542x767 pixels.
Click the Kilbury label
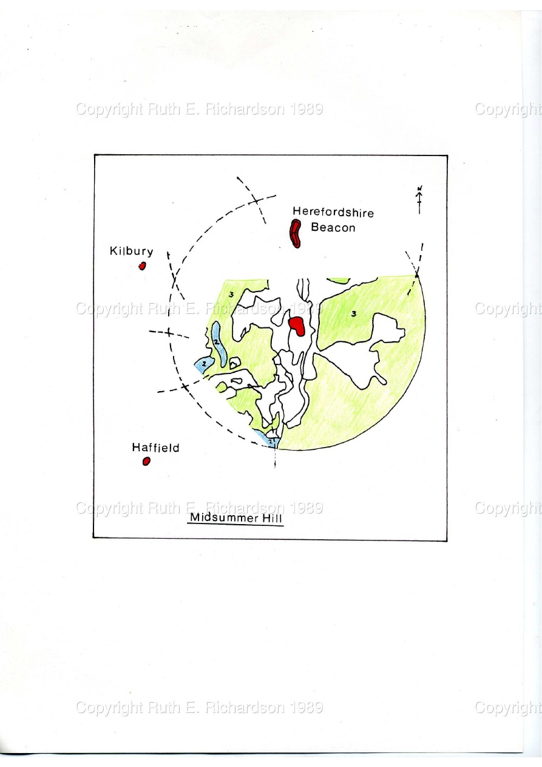click(x=131, y=251)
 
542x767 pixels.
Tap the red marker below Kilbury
click(x=143, y=266)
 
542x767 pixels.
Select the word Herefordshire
click(x=333, y=213)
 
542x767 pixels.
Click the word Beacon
click(x=333, y=227)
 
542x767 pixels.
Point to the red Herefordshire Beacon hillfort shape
click(x=296, y=234)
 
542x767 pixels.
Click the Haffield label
click(x=156, y=448)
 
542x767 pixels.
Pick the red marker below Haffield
click(x=146, y=462)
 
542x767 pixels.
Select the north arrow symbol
click(x=419, y=199)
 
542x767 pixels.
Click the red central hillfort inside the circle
click(x=297, y=326)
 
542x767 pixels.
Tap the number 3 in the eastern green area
click(x=354, y=313)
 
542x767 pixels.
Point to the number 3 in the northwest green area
click(x=232, y=294)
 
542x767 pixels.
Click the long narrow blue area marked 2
click(x=217, y=343)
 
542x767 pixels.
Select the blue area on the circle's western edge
click(x=204, y=364)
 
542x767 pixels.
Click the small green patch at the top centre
click(x=339, y=280)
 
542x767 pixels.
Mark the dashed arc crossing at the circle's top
click(x=256, y=200)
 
